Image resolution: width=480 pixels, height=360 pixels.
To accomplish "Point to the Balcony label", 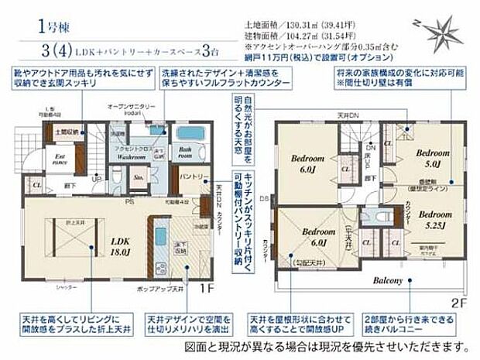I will tap(389, 280).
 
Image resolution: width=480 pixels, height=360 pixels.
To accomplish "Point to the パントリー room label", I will tap(190, 177).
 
